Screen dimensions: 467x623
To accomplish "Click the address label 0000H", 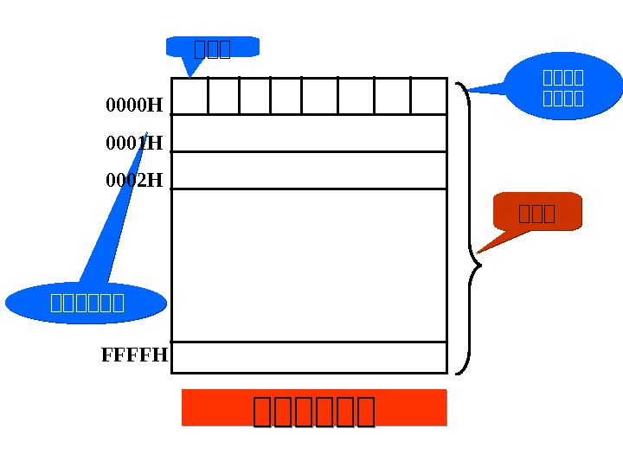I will (x=134, y=106).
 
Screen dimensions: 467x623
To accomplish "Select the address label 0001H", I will (x=134, y=143).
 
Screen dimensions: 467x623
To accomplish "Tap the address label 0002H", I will (x=134, y=181).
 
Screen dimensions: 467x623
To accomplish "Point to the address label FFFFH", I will (x=135, y=355).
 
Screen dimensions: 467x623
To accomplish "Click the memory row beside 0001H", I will (x=309, y=133).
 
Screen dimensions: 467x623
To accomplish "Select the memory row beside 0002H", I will (x=309, y=170).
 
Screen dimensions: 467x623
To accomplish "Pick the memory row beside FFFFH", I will (x=309, y=357).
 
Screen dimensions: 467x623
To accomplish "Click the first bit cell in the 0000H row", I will (x=190, y=96).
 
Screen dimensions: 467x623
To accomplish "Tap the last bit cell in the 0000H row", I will (x=428, y=96).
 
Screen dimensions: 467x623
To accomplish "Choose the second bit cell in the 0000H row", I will (x=224, y=96).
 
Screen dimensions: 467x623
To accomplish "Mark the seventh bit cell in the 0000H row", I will (x=392, y=96).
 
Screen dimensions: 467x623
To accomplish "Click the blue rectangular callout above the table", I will (x=213, y=48).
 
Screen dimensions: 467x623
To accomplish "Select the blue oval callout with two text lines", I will (x=563, y=86).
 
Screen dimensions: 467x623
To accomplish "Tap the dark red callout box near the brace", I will (x=537, y=212).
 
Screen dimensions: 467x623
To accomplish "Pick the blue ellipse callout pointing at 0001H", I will (x=87, y=303).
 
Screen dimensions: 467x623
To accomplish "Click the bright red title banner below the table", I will (x=314, y=408).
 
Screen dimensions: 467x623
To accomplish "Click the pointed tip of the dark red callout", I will (x=478, y=252).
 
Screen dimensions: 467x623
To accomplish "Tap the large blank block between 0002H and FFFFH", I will (x=309, y=265).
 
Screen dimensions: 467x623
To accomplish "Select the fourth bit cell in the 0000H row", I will (x=286, y=96).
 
